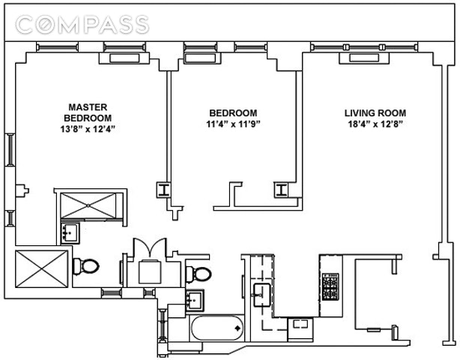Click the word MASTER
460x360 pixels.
[88, 106]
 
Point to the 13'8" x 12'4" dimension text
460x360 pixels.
[88, 128]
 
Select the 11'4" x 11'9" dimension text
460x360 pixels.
[233, 124]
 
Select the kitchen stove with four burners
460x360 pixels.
[330, 285]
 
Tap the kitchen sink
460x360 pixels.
[262, 291]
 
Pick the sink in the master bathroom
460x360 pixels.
[70, 233]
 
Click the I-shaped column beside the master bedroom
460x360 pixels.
[162, 189]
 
